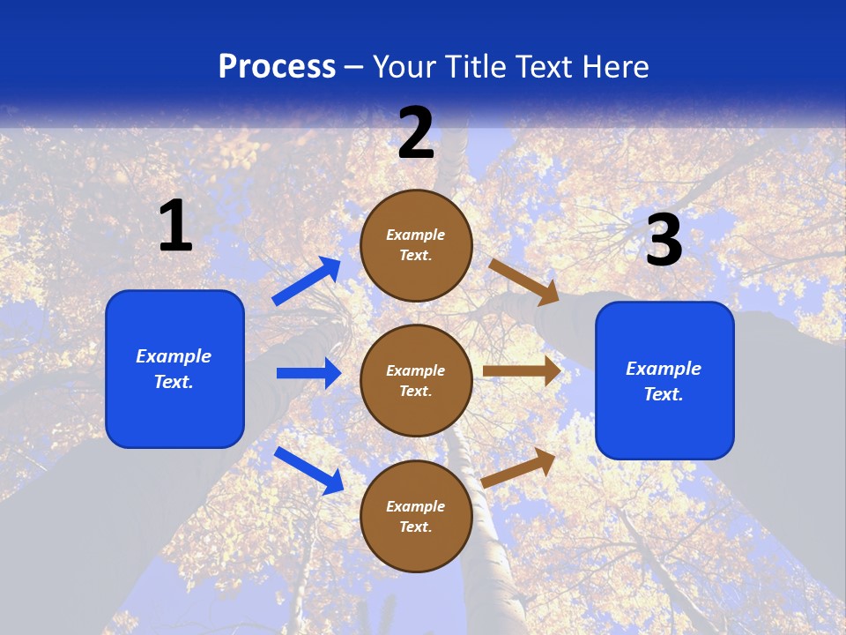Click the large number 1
click(x=175, y=227)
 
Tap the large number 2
click(x=416, y=133)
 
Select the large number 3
click(x=664, y=241)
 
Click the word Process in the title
click(x=277, y=66)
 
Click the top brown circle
click(x=416, y=245)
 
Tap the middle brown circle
click(x=416, y=380)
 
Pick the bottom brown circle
click(x=416, y=516)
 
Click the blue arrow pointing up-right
click(x=308, y=281)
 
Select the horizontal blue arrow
click(x=308, y=373)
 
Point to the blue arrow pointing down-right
click(x=309, y=470)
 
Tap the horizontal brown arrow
click(x=522, y=371)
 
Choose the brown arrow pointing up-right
click(x=519, y=467)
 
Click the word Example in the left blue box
click(x=174, y=356)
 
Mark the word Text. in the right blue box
click(x=664, y=394)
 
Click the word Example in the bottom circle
click(x=416, y=506)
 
